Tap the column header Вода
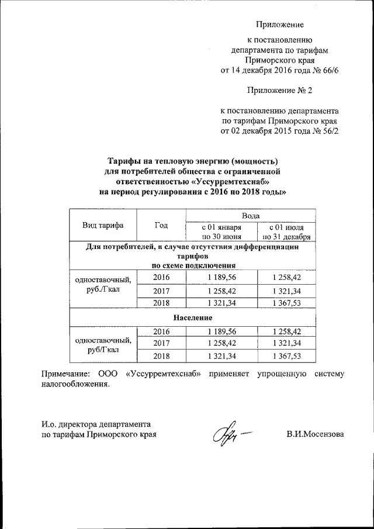(251, 216)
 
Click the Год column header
(161, 225)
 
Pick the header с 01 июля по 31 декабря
(286, 231)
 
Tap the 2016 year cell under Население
(161, 331)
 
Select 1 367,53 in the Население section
(286, 355)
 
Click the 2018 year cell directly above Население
(161, 303)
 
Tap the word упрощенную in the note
(273, 374)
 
